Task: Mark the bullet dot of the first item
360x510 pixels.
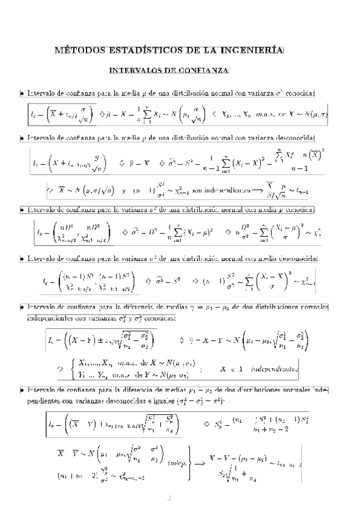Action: pyautogui.click(x=22, y=93)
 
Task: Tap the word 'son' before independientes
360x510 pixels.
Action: pyautogui.click(x=197, y=191)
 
